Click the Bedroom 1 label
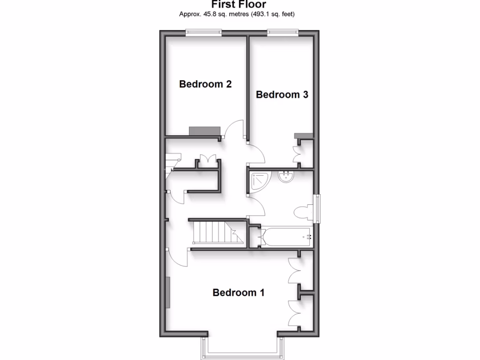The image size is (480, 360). tap(239, 292)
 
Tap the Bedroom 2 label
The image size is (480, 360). tap(205, 84)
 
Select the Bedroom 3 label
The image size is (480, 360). tap(282, 95)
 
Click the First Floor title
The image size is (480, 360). tap(239, 5)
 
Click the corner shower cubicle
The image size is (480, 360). tap(258, 182)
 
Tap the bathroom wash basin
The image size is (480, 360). tap(285, 177)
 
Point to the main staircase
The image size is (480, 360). tap(216, 232)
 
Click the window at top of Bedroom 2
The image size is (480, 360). tap(203, 32)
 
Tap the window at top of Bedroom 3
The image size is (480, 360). tap(283, 32)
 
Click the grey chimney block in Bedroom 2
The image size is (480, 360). tap(204, 131)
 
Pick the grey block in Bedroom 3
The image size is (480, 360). tap(303, 135)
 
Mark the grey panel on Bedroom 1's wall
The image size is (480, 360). tap(167, 292)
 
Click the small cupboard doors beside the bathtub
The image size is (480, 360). tap(260, 237)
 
